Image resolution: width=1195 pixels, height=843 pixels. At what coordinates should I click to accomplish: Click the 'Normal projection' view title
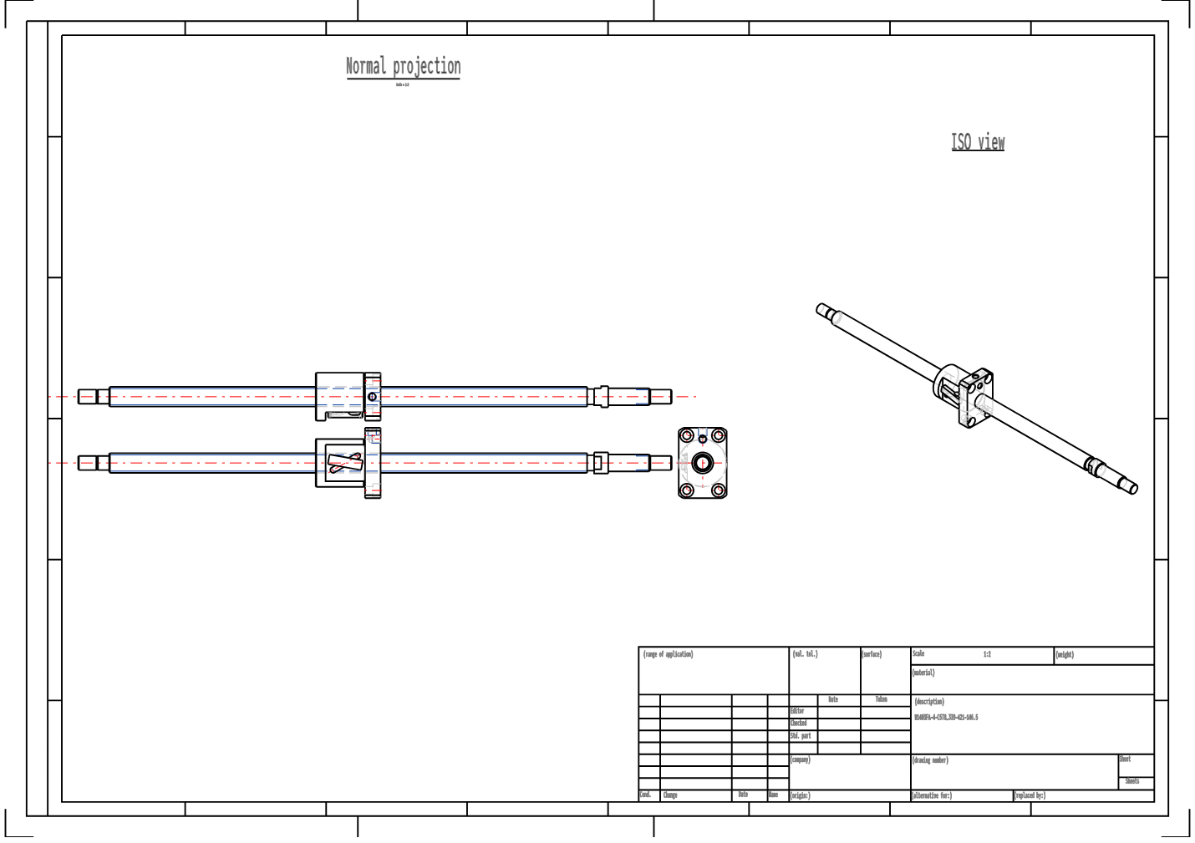tap(403, 67)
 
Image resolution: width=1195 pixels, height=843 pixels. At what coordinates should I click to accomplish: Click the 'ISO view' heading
tap(978, 142)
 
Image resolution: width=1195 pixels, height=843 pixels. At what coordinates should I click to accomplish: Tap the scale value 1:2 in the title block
tap(987, 654)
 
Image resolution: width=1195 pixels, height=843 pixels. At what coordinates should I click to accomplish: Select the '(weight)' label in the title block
tap(1065, 655)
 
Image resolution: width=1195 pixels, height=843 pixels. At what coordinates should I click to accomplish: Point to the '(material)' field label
tap(923, 673)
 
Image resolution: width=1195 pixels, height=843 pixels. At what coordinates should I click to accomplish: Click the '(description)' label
tap(929, 702)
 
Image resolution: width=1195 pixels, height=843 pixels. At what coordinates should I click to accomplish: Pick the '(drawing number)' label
tap(930, 760)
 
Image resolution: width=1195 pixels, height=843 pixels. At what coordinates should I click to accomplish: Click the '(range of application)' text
tap(669, 654)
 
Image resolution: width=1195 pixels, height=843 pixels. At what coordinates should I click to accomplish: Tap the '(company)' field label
tap(801, 759)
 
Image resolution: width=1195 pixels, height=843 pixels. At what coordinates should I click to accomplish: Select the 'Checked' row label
tap(799, 724)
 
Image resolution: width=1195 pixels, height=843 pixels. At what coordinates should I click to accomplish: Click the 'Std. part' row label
tap(801, 736)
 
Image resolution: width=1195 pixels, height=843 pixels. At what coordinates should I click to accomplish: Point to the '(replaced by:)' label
tap(1030, 795)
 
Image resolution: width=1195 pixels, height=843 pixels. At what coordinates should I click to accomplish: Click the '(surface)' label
tap(872, 654)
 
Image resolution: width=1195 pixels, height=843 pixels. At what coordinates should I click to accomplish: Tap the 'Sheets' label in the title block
tap(1132, 781)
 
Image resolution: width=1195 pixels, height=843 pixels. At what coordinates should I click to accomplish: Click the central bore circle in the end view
tap(703, 463)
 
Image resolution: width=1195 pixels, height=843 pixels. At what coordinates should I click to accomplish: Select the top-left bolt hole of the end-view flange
tap(686, 435)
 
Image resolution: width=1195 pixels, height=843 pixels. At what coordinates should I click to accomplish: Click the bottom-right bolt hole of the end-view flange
tap(719, 490)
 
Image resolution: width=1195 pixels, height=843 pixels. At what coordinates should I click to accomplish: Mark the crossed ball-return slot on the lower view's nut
tap(344, 463)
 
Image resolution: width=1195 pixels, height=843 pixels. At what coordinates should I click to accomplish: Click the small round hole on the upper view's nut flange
tap(373, 397)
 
